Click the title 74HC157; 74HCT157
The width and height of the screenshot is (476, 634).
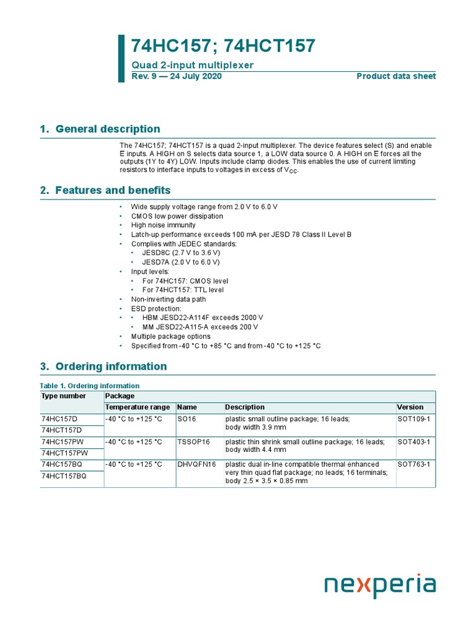(x=223, y=46)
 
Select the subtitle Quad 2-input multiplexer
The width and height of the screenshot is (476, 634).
(x=192, y=65)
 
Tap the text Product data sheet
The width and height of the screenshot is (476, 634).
(x=396, y=76)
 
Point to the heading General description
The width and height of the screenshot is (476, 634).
(x=107, y=129)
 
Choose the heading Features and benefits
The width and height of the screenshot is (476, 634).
(x=113, y=190)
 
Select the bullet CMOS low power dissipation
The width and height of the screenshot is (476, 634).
(x=177, y=216)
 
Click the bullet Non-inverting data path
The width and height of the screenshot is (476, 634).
(x=168, y=299)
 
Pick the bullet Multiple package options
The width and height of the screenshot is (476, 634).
(x=170, y=336)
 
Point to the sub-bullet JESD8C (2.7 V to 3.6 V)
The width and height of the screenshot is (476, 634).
(x=181, y=253)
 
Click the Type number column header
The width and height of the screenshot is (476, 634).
(x=64, y=396)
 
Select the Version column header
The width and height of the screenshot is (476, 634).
(x=410, y=407)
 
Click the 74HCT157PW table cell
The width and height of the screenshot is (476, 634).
(x=64, y=453)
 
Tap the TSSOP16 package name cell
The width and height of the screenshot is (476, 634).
(x=193, y=442)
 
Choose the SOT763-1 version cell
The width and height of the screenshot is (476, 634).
(x=413, y=464)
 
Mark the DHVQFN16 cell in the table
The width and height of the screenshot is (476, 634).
(x=196, y=464)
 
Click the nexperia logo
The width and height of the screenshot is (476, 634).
(x=380, y=586)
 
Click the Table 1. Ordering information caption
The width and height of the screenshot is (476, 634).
(x=90, y=386)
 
